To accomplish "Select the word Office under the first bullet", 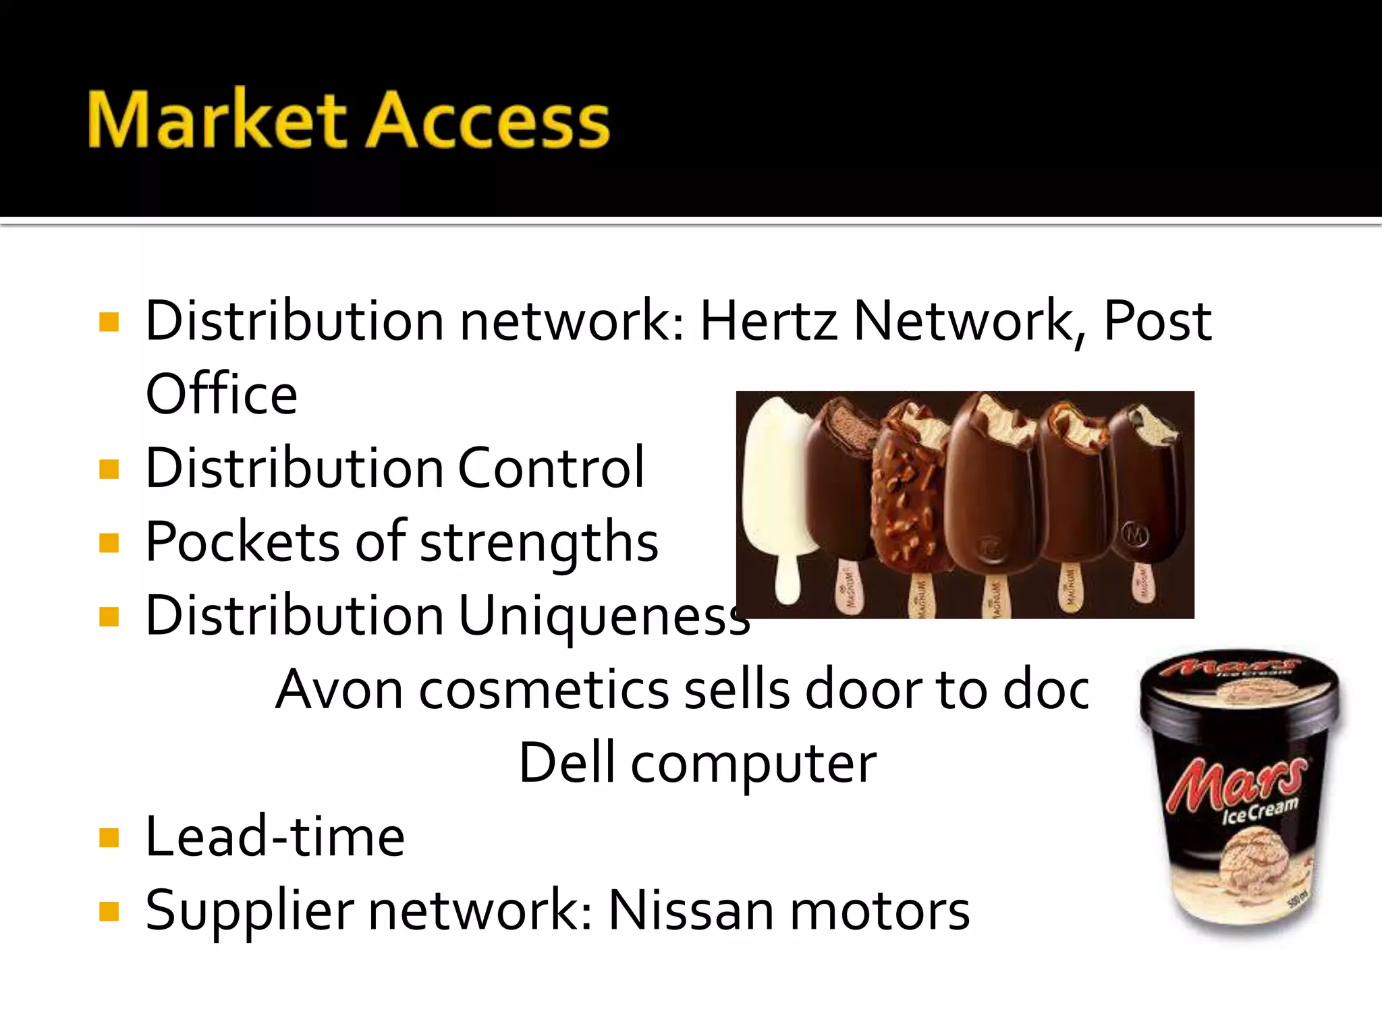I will [x=221, y=395].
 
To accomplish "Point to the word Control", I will [x=551, y=468].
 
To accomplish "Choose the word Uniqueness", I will [x=603, y=616].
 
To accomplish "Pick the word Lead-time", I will [x=275, y=837].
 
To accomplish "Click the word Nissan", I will [x=690, y=911].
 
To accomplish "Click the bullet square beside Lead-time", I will [x=109, y=838].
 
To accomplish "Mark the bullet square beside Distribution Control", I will [x=109, y=469].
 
